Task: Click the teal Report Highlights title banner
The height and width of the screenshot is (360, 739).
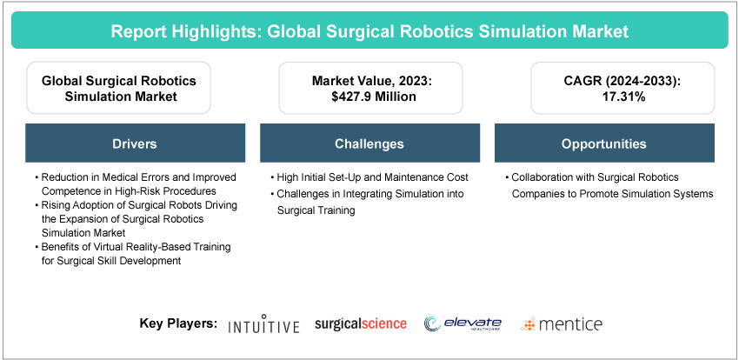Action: click(369, 31)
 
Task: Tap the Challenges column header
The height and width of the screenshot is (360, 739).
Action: click(369, 143)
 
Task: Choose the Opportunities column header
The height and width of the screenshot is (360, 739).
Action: click(603, 143)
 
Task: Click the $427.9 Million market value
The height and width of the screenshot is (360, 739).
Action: click(369, 97)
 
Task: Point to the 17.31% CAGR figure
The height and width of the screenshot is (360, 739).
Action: click(603, 97)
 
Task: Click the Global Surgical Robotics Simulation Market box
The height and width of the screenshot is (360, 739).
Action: click(120, 89)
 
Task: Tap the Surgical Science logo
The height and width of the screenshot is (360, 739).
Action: click(361, 323)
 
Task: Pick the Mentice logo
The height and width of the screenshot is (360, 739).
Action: click(562, 324)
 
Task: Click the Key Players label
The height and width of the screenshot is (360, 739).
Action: click(178, 323)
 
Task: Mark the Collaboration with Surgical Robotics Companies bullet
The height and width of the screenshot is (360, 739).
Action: click(609, 184)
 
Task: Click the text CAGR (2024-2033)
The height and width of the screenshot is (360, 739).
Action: click(603, 81)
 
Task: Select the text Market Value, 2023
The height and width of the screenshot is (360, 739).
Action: click(369, 81)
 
